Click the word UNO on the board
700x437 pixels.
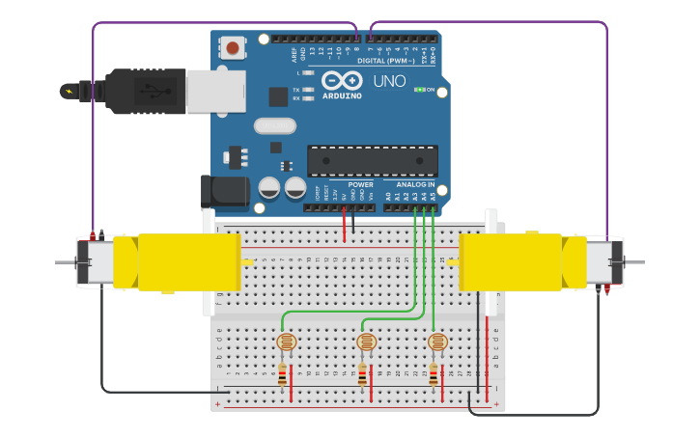(x=389, y=81)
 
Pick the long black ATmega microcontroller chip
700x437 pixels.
(x=372, y=160)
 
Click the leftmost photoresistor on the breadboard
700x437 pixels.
(x=286, y=341)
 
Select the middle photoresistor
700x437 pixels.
(x=366, y=341)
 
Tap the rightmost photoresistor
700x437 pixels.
(x=437, y=341)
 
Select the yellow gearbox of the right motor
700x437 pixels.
(x=512, y=261)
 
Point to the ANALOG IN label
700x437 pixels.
(x=415, y=184)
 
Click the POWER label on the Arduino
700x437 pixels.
(x=360, y=184)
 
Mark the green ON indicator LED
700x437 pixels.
(x=419, y=90)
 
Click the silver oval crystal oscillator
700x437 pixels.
(x=274, y=125)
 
